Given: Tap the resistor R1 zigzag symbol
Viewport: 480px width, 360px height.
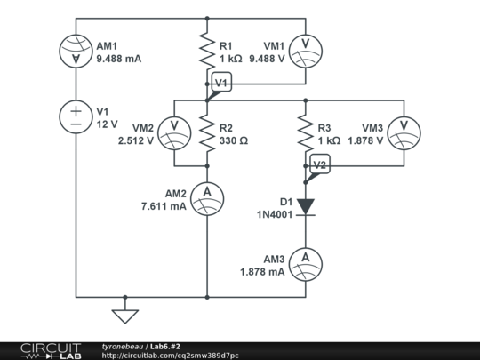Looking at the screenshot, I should pos(207,52).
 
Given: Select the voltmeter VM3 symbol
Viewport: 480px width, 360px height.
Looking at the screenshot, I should pos(404,133).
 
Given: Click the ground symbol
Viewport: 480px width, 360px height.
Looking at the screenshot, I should pos(125,314).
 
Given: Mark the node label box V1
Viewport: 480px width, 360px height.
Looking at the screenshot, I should pos(221,84).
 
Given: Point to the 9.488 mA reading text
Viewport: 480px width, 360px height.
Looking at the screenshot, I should pos(119,60).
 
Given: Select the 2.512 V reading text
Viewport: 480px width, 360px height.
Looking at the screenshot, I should pos(135,140).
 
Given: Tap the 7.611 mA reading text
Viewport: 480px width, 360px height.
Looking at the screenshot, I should pos(163,206).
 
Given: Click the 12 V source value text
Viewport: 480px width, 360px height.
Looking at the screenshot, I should pos(107,124).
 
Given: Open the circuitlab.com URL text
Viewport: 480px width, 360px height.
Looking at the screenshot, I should pos(170,355).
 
